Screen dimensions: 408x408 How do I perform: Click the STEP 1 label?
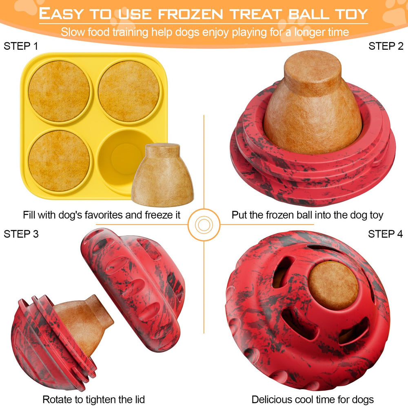click(x=21, y=46)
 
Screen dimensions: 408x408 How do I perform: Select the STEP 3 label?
click(x=21, y=234)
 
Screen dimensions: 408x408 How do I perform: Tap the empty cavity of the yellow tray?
click(x=122, y=157)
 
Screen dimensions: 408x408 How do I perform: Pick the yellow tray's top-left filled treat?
click(x=59, y=91)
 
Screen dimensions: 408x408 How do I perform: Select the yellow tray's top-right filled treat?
click(x=129, y=91)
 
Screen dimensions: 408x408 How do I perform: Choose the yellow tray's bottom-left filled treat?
click(x=59, y=160)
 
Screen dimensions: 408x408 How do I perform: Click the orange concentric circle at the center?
click(x=203, y=224)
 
